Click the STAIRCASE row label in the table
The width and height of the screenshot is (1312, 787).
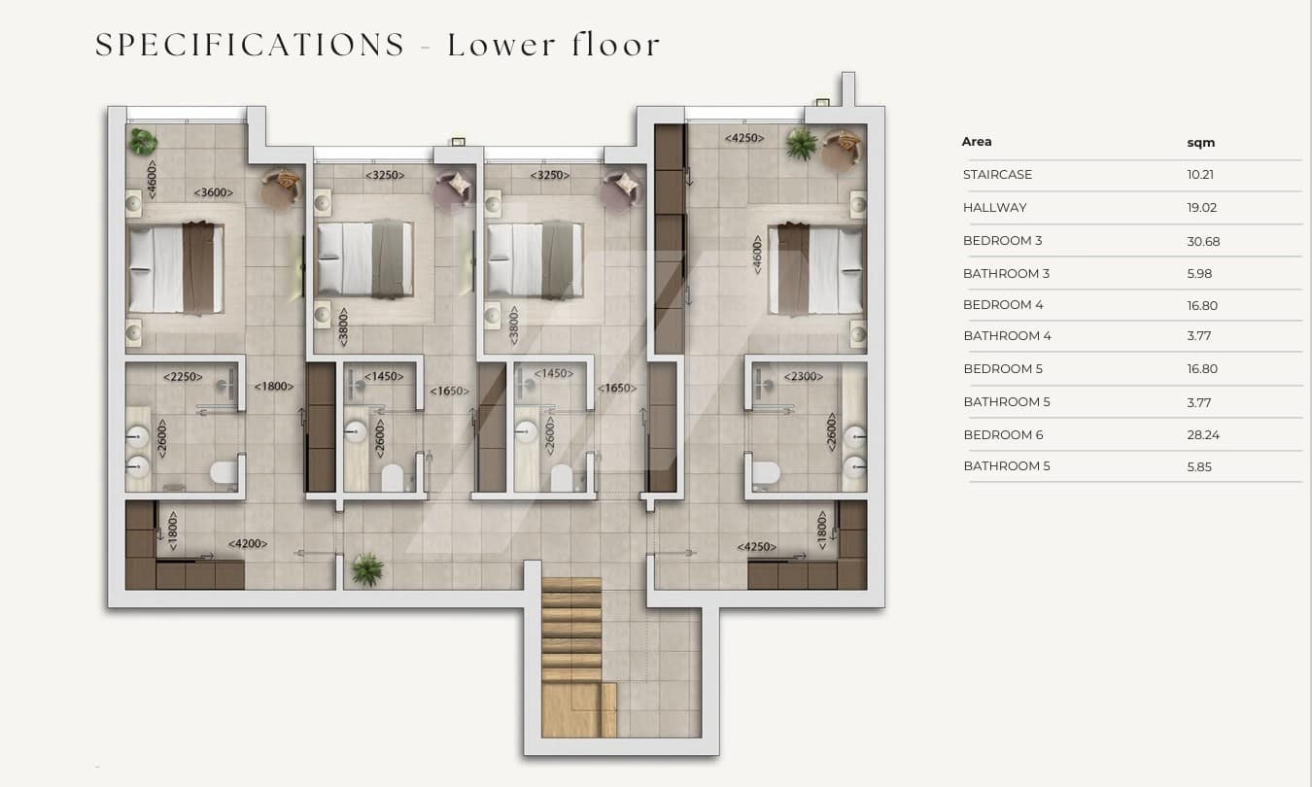click(x=997, y=175)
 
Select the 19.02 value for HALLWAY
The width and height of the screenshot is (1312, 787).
click(x=1202, y=207)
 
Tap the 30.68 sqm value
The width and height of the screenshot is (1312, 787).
click(x=1203, y=241)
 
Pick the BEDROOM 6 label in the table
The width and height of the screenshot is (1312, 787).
click(x=1003, y=434)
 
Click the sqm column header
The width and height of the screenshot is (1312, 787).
click(x=1200, y=143)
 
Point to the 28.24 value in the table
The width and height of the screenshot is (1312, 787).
click(x=1203, y=434)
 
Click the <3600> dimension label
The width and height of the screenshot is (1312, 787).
click(x=213, y=192)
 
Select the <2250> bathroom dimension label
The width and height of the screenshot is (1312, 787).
click(x=183, y=377)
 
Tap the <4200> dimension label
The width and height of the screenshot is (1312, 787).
click(x=248, y=543)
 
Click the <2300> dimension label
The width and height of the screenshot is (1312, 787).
click(x=803, y=377)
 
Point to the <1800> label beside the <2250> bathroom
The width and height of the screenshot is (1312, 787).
click(x=273, y=387)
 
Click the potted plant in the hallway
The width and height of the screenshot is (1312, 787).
click(x=367, y=569)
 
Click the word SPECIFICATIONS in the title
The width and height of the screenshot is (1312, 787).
click(x=250, y=45)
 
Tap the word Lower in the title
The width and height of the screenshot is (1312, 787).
click(x=501, y=45)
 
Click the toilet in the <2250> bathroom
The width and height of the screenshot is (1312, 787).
click(x=224, y=472)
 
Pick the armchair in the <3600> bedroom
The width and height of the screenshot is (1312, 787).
click(x=280, y=188)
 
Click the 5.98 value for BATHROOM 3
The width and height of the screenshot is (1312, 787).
click(x=1199, y=273)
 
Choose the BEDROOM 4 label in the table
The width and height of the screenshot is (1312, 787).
click(x=1003, y=304)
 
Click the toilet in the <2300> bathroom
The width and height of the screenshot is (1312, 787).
click(x=766, y=472)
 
